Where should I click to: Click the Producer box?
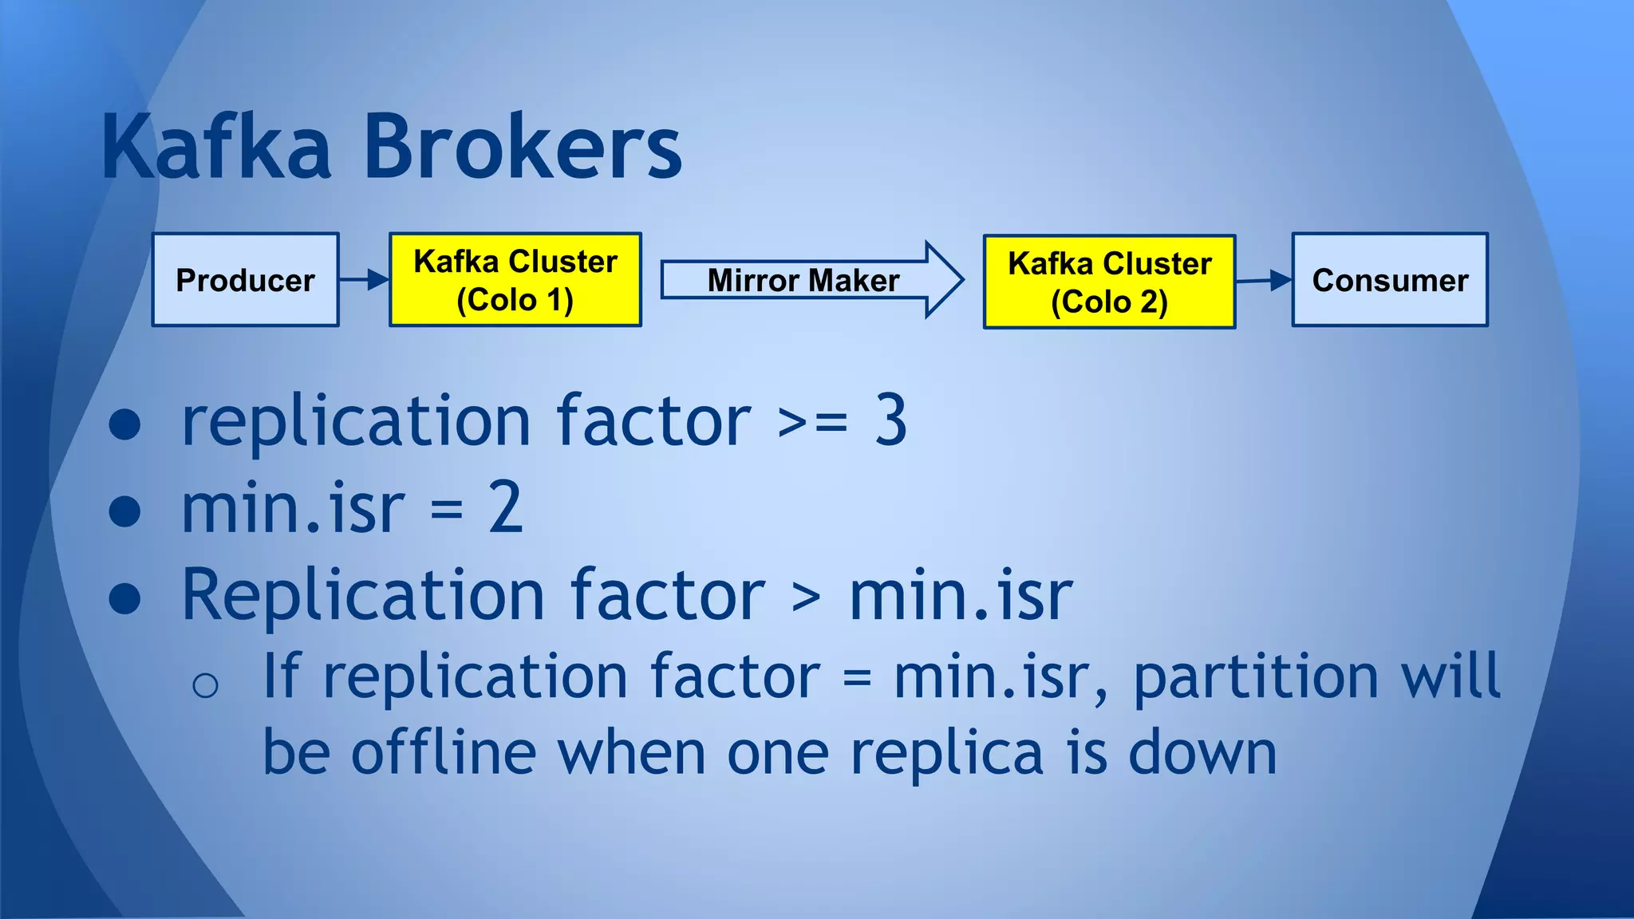(x=245, y=280)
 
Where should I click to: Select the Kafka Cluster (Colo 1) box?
(x=515, y=280)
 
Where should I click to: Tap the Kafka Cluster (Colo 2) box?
(x=1109, y=282)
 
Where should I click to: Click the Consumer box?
(x=1390, y=280)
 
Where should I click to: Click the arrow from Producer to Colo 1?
(x=365, y=280)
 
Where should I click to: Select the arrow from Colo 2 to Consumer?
(x=1264, y=280)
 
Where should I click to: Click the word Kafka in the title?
(x=216, y=148)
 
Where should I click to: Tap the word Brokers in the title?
(x=523, y=148)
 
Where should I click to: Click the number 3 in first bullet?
(x=890, y=420)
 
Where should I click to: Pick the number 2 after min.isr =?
(x=505, y=508)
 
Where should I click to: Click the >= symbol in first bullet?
(x=812, y=423)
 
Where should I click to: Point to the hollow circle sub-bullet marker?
(x=205, y=685)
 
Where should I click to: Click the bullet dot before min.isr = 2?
(x=124, y=511)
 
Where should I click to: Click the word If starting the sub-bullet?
(x=281, y=676)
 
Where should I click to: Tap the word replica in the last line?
(x=946, y=754)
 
